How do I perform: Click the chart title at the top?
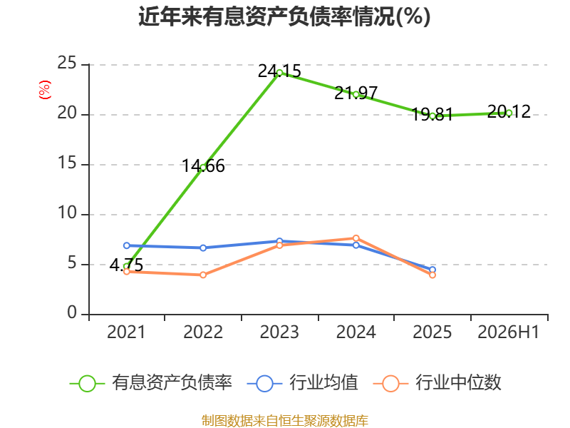[x=284, y=16]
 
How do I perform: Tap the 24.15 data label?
[x=279, y=71]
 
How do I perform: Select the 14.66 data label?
[x=203, y=166]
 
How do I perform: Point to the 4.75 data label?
[x=127, y=265]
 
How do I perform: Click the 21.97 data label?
[x=356, y=93]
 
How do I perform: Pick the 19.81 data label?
[x=432, y=115]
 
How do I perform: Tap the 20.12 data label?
[x=509, y=111]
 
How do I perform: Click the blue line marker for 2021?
[x=127, y=245]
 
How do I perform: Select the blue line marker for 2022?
[x=203, y=248]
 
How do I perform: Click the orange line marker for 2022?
[x=203, y=275]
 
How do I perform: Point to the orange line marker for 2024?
[x=356, y=238]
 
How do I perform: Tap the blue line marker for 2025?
[x=432, y=270]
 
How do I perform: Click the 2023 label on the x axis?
[x=279, y=332]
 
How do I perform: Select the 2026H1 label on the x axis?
[x=509, y=332]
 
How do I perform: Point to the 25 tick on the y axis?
[x=67, y=63]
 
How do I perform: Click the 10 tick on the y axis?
[x=67, y=213]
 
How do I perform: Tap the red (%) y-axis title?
[x=45, y=90]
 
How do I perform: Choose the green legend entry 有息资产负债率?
[x=150, y=383]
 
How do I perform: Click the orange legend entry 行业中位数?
[x=437, y=383]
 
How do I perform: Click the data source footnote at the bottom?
[x=285, y=421]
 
